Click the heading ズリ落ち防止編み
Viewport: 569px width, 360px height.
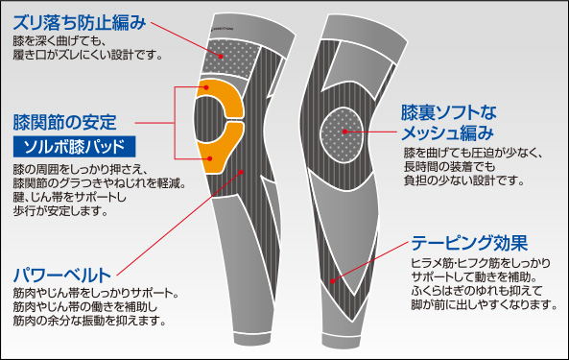(x=80, y=23)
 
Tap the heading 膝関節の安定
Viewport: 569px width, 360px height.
(x=64, y=122)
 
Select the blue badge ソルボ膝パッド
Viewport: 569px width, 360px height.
(x=75, y=147)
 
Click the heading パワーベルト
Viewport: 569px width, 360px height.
(x=61, y=276)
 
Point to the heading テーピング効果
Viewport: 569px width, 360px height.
(x=469, y=243)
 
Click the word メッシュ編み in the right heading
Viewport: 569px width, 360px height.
(x=447, y=133)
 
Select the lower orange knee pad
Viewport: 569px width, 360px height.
(x=222, y=148)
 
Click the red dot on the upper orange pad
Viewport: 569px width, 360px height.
(x=206, y=87)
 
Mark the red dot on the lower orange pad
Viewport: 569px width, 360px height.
(x=210, y=158)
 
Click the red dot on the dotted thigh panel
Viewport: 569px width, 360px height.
(x=221, y=57)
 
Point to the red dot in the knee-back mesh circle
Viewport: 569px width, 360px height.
(x=344, y=132)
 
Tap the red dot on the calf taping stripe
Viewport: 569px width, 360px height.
(x=332, y=281)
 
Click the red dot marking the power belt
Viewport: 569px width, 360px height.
(x=241, y=172)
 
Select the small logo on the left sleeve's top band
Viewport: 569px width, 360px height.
(x=222, y=29)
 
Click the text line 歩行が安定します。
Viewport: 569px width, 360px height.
(x=60, y=211)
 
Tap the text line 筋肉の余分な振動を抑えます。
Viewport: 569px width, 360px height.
(x=89, y=321)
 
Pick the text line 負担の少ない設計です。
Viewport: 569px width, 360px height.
(x=464, y=180)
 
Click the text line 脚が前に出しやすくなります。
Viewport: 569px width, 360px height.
(x=485, y=304)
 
